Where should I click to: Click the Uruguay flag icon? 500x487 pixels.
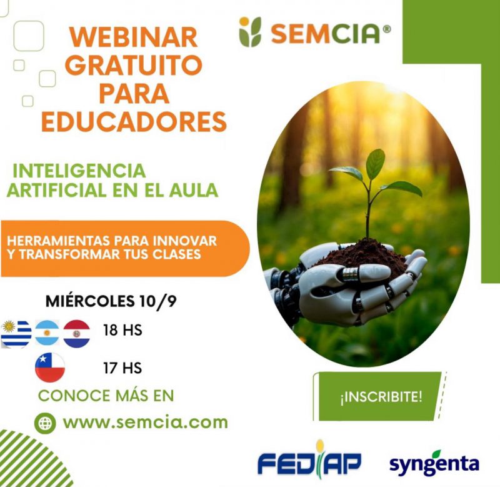[x=16, y=334]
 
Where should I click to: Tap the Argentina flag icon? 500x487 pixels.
[x=47, y=333]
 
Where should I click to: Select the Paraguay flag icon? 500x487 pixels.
[x=76, y=334]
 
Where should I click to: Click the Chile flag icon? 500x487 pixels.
[x=50, y=368]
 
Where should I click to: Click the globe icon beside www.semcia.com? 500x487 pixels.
[x=45, y=423]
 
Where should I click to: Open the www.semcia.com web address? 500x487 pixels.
[x=146, y=423]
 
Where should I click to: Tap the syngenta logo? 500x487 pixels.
[x=434, y=463]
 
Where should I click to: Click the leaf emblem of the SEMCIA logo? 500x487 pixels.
[x=250, y=32]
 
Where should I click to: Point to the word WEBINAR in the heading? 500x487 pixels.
[x=134, y=38]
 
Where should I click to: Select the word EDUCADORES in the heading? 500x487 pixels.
[x=134, y=121]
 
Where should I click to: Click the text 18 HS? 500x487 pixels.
[x=122, y=330]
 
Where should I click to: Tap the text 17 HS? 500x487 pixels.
[x=122, y=368]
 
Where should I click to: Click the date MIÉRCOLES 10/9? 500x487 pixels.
[x=111, y=301]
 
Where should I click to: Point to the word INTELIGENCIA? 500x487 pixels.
[x=79, y=171]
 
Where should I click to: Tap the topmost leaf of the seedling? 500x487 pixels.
[x=376, y=164]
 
